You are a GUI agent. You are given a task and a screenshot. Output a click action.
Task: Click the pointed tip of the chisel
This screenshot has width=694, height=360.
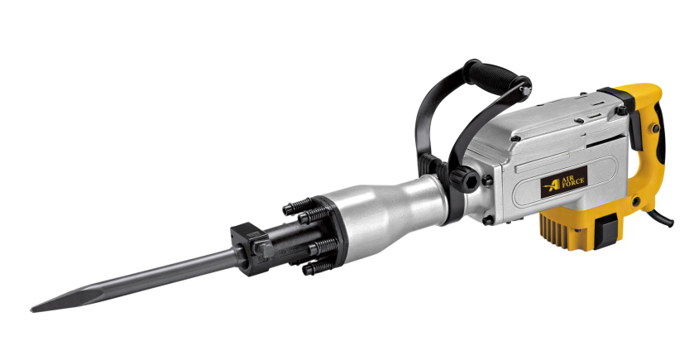tap(32, 310)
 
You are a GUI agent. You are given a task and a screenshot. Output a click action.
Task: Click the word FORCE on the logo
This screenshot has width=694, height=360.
tap(573, 182)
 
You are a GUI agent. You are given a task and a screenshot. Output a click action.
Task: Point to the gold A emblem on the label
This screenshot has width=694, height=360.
tap(552, 185)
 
